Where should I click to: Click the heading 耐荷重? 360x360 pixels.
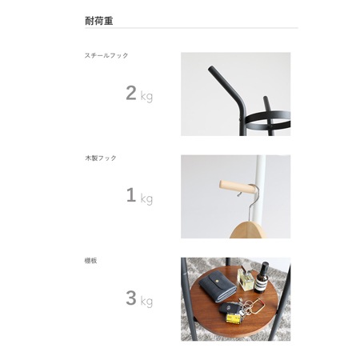click(x=99, y=21)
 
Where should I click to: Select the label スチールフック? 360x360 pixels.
click(x=106, y=55)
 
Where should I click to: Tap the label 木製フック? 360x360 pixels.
click(x=101, y=158)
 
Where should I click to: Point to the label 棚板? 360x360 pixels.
click(x=91, y=261)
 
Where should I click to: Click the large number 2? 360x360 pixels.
click(x=131, y=93)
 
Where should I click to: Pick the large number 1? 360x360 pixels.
click(x=131, y=195)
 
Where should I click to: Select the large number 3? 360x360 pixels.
click(x=131, y=298)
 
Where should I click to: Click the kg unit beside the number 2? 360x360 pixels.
click(x=146, y=96)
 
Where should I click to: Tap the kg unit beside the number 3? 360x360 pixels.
click(x=146, y=301)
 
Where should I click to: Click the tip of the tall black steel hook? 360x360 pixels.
click(x=210, y=69)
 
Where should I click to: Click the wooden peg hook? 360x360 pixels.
click(x=238, y=187)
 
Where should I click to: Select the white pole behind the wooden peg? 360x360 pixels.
click(x=261, y=186)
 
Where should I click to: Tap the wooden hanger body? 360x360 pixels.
click(x=248, y=231)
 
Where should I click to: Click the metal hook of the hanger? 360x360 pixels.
click(x=250, y=202)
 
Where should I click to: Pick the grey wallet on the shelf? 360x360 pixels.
click(x=218, y=286)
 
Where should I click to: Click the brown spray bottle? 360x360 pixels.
click(x=262, y=278)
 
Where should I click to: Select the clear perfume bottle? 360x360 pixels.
click(x=246, y=279)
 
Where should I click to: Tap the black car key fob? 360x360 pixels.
click(x=229, y=308)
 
